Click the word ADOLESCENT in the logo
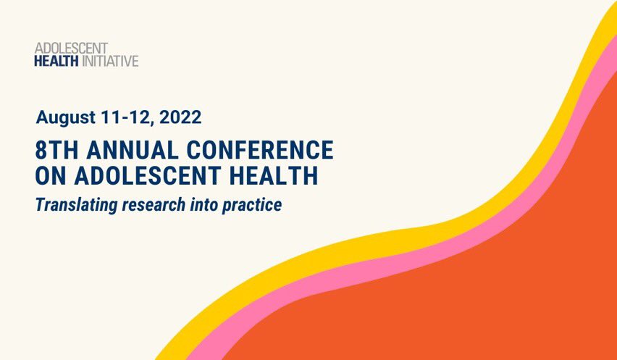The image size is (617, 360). pos(71,49)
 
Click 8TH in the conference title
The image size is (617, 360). pos(56,151)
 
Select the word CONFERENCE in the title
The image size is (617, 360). pos(261,151)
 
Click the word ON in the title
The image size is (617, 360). pos(48,175)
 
